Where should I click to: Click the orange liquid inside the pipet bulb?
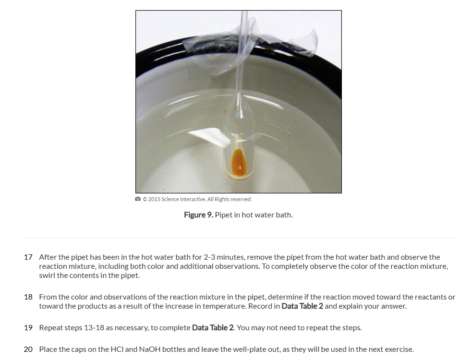(239, 163)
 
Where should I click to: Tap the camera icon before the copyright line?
(138, 199)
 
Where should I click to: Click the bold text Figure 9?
(199, 215)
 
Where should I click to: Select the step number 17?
(28, 257)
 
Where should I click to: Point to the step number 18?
(28, 297)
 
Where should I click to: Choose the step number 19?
(28, 328)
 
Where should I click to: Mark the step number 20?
(28, 349)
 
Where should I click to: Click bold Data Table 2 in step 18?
(302, 306)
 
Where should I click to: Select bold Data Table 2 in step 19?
(213, 328)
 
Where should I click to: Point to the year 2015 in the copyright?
(154, 199)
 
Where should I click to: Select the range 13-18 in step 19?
(94, 328)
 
